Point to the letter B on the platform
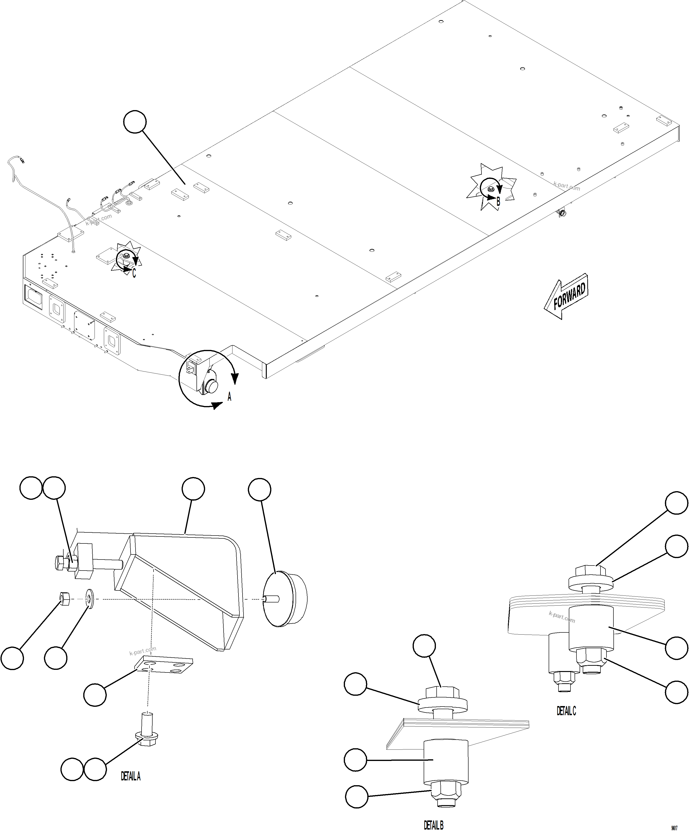[x=498, y=201]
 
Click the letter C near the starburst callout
[x=134, y=273]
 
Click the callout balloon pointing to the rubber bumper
[x=260, y=490]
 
